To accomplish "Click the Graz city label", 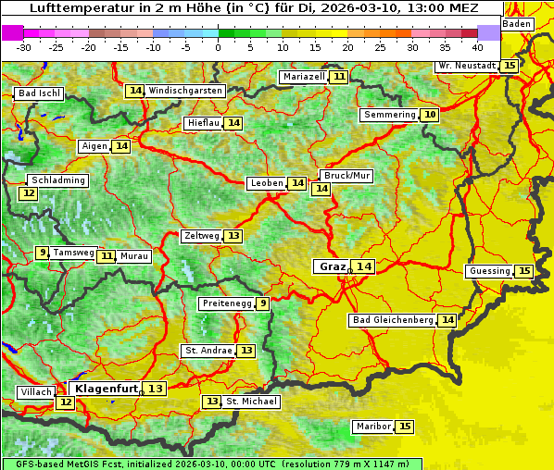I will click(331, 266).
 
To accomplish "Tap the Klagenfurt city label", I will click(107, 389).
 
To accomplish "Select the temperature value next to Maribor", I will click(405, 427).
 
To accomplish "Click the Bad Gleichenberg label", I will click(392, 320).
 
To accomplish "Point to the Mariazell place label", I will click(304, 77).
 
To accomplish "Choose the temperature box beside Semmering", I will click(428, 115).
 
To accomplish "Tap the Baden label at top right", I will click(517, 23).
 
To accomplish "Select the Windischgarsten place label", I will click(185, 91).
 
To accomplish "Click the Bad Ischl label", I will click(39, 93).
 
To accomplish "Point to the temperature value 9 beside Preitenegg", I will click(263, 303).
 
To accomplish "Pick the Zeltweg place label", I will click(201, 236).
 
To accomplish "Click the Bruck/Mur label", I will click(346, 176).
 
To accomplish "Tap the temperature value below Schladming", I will click(29, 193).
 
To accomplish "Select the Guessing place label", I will click(489, 271).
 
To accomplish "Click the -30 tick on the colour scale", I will click(24, 46).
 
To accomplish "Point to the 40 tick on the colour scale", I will click(477, 46).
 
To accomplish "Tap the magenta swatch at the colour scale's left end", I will click(12, 31).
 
